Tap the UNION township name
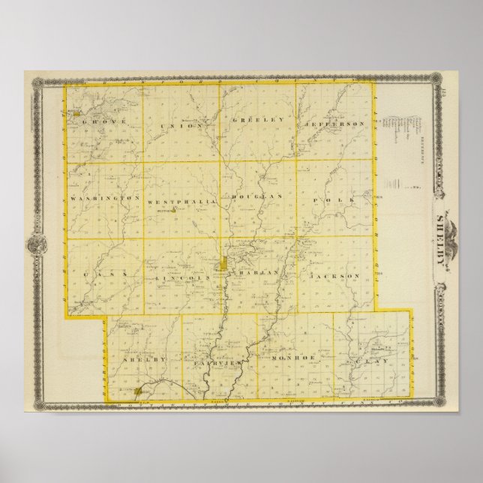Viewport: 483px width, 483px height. click(177, 125)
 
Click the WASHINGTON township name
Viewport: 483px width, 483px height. click(106, 198)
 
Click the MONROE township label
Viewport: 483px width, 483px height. click(295, 361)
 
